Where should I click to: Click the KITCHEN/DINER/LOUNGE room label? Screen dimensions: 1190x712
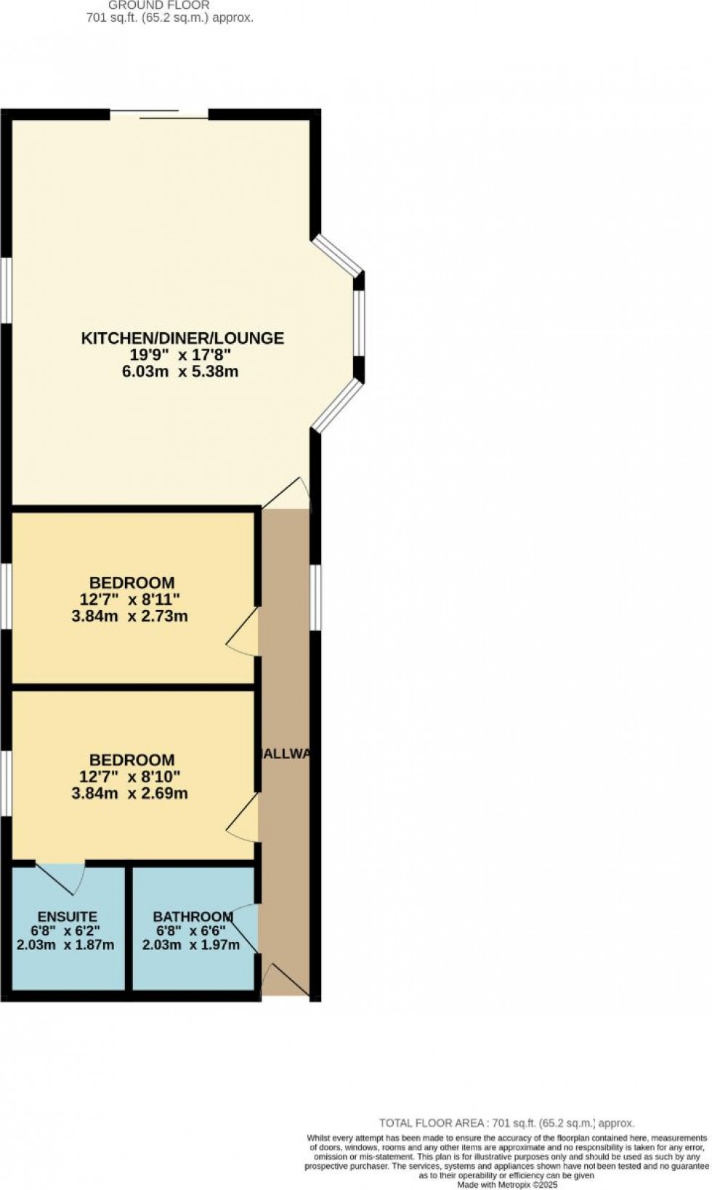click(x=182, y=338)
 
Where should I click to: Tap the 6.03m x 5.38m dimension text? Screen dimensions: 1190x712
click(x=182, y=372)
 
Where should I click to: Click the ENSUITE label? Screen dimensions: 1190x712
click(x=67, y=917)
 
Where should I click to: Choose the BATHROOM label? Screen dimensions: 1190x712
click(x=192, y=917)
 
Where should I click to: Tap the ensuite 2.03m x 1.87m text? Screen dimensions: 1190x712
click(x=65, y=946)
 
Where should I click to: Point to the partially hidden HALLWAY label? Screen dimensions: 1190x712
click(x=286, y=754)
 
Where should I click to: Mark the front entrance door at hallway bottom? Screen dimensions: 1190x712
click(x=286, y=981)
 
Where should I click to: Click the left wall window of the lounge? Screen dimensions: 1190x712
click(x=5, y=289)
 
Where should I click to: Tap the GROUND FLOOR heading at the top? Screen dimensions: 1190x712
click(x=159, y=5)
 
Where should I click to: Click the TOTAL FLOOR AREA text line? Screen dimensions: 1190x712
click(x=506, y=1123)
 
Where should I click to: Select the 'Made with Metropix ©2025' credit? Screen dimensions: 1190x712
click(x=507, y=1185)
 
